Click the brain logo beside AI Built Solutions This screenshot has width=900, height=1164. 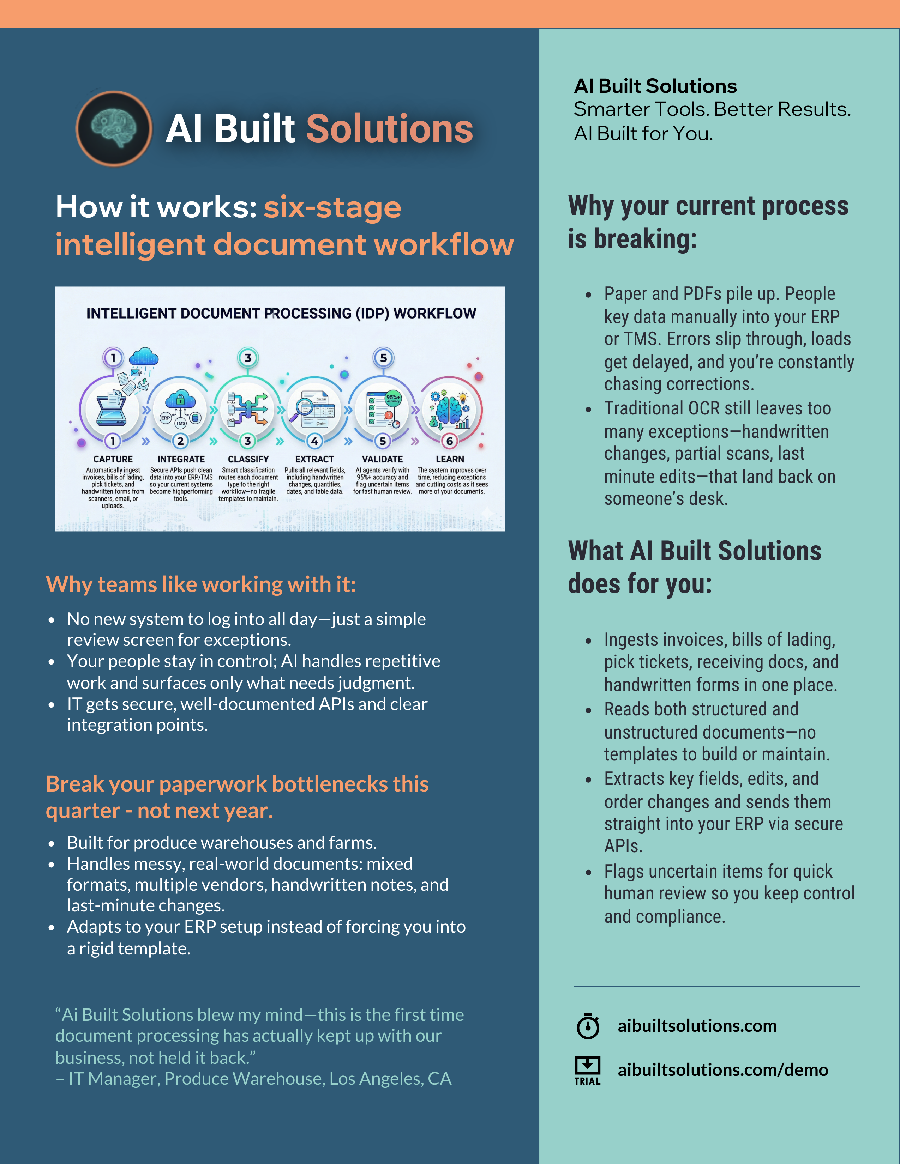114,128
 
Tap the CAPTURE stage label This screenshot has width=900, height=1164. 113,459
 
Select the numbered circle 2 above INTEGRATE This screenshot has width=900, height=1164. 181,441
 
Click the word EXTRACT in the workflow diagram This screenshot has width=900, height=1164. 314,459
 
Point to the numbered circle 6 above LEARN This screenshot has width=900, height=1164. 449,441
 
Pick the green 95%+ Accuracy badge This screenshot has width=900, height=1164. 393,398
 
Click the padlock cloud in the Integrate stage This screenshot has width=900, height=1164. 180,399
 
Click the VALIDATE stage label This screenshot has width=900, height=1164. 382,459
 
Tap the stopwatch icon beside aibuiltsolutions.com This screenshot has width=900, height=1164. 588,1026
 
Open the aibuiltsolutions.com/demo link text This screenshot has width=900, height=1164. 722,1070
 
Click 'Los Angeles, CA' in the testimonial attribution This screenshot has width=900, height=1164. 390,1078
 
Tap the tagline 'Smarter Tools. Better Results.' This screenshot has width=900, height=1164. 712,109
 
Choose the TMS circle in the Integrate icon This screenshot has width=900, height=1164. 181,423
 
